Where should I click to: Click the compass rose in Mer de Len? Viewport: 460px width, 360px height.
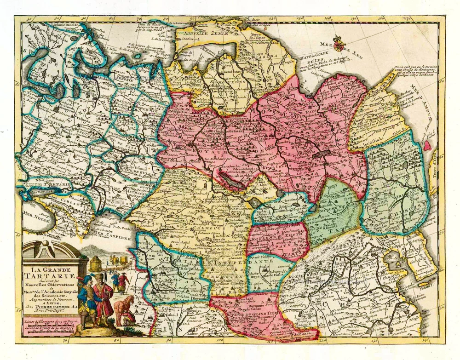pos(339,43)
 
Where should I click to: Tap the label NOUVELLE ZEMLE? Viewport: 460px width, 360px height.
pos(201,34)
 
